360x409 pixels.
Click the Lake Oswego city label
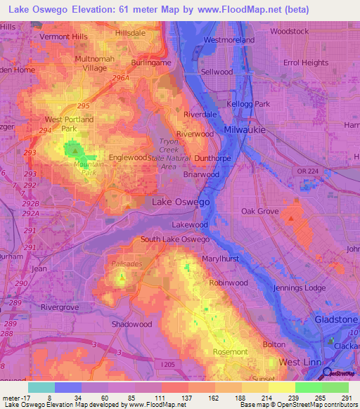click(181, 202)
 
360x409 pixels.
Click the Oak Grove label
click(259, 211)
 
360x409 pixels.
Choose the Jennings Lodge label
click(300, 288)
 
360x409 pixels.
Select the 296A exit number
click(120, 79)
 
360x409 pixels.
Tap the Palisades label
click(127, 264)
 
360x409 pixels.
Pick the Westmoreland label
click(229, 40)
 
